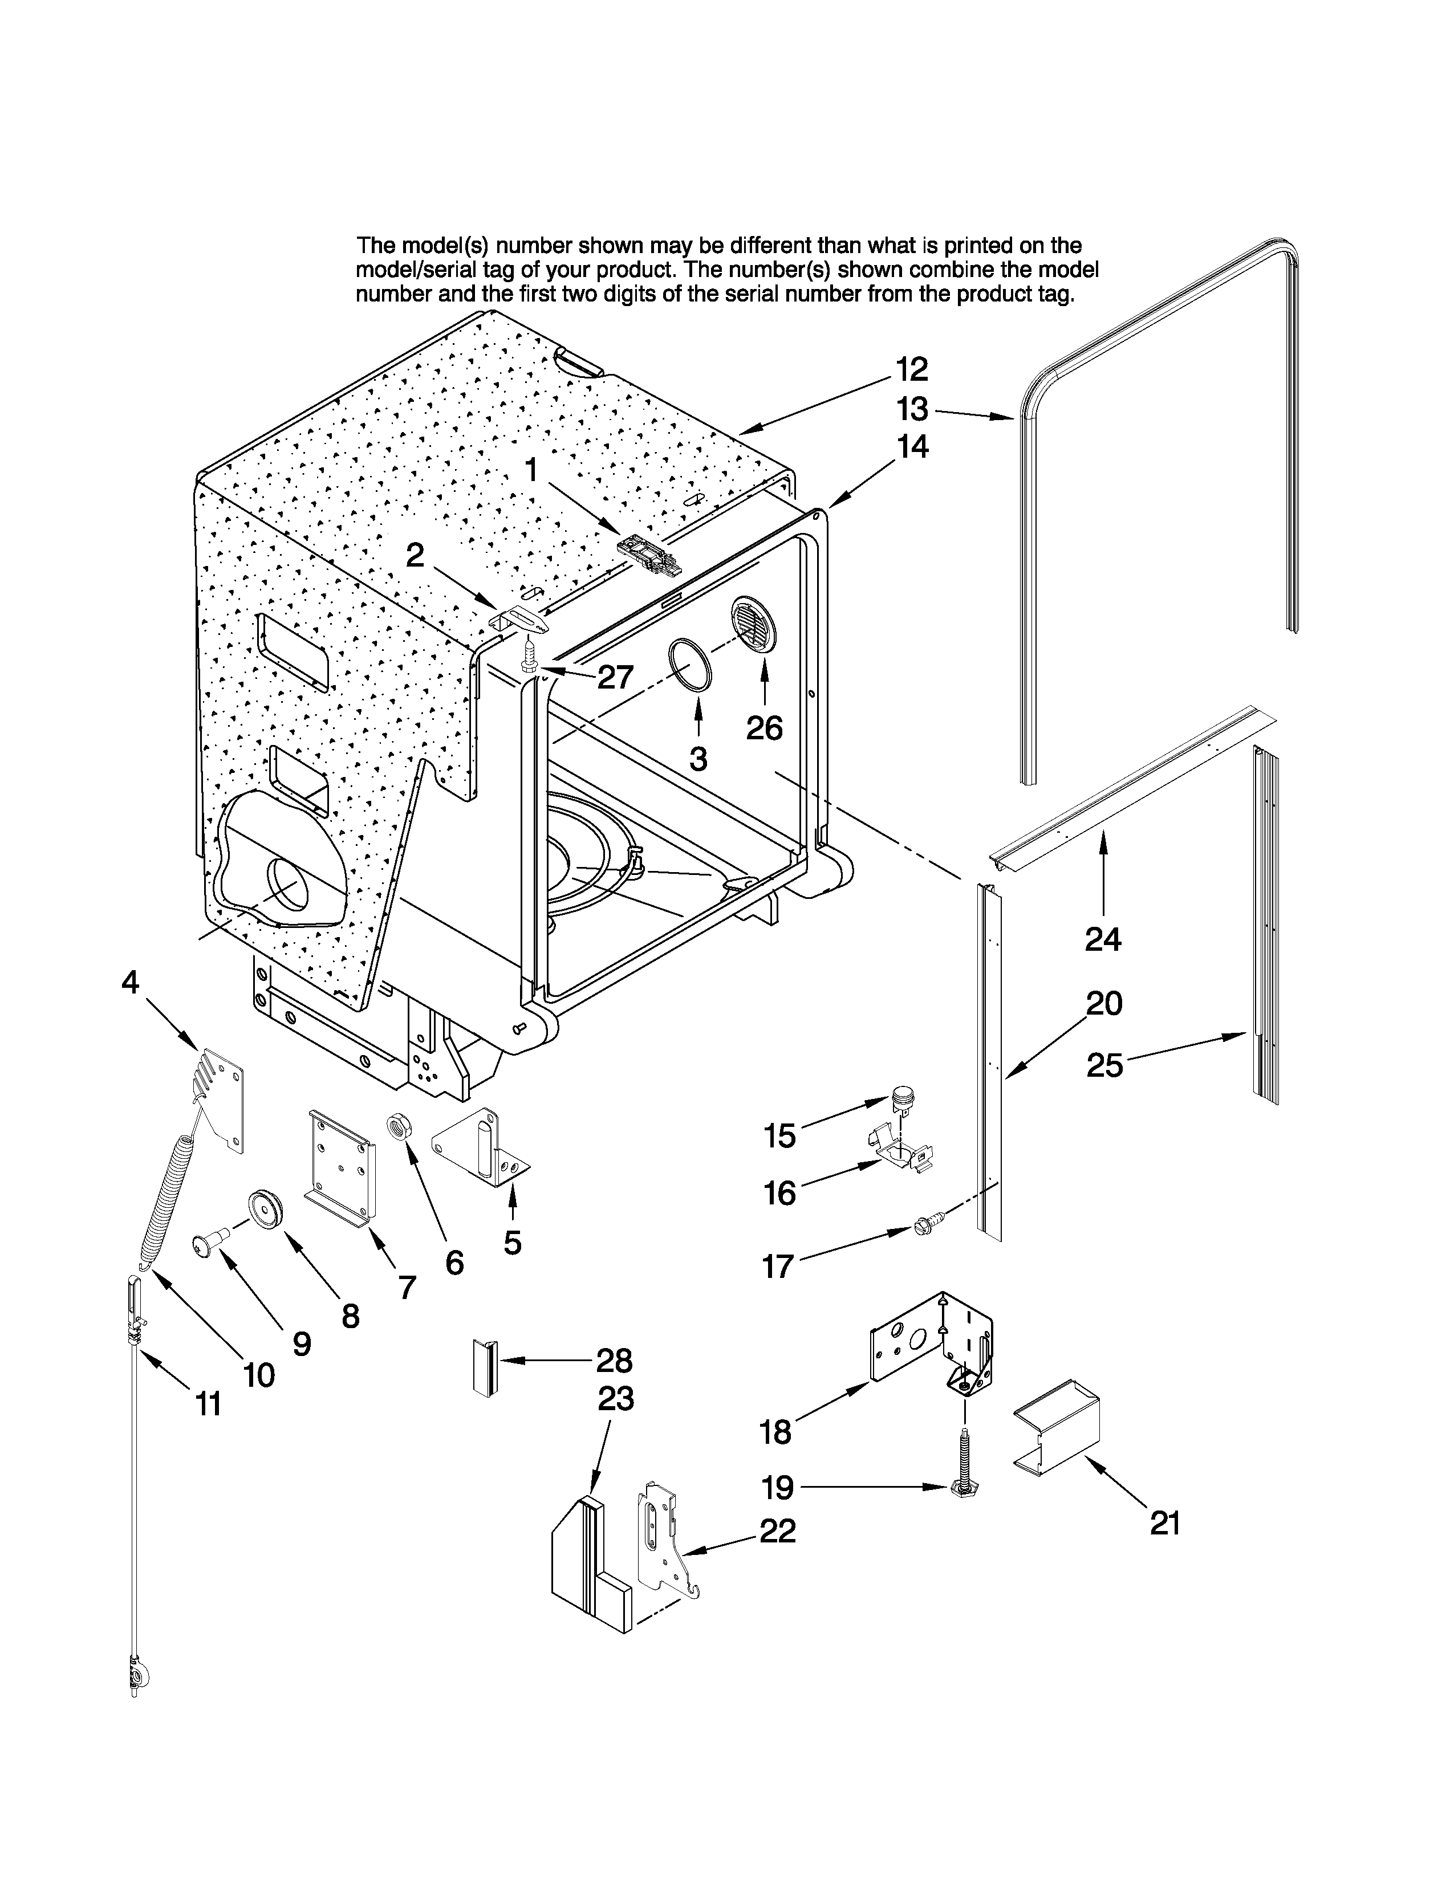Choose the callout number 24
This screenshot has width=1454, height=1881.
pos(1103,939)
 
